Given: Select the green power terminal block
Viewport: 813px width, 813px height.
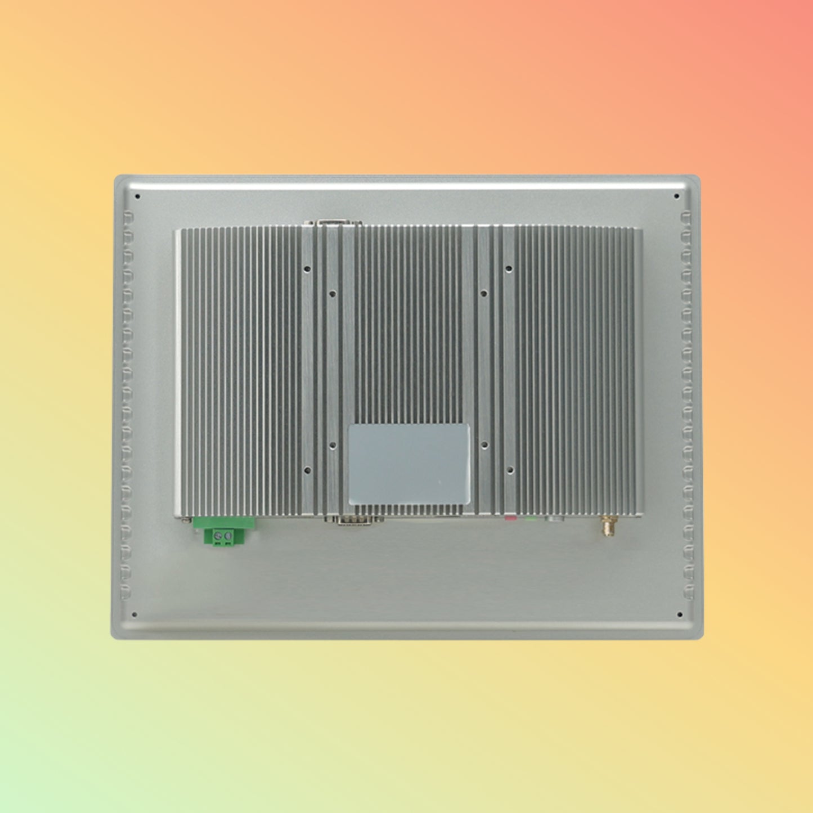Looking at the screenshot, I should click(x=224, y=532).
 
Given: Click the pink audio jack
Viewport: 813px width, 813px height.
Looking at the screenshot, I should click(x=510, y=516).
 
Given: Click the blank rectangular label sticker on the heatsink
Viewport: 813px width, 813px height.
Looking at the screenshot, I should click(x=409, y=464).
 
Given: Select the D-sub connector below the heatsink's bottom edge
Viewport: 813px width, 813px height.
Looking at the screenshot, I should click(x=358, y=520).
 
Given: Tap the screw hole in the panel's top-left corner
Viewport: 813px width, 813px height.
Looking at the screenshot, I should click(x=137, y=197).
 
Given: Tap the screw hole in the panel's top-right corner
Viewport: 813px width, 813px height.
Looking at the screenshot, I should click(x=677, y=197).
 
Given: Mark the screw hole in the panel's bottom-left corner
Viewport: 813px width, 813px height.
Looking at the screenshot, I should click(x=134, y=614).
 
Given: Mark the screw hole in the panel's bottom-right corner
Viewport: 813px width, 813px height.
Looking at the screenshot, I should click(x=680, y=615).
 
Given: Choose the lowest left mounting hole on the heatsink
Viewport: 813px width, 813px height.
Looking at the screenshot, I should click(x=307, y=469).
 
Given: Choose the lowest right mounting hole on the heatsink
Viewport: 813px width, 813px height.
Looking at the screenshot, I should click(x=510, y=469).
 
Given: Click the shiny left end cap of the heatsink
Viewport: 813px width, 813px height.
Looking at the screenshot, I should click(x=178, y=371).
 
